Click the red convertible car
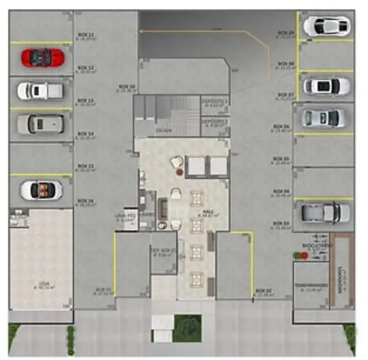point(43,56)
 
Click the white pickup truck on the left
point(40,90)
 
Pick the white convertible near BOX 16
point(42,190)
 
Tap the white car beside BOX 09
point(326,25)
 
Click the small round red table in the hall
point(179,173)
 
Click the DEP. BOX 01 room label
point(164,251)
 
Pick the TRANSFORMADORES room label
point(308,287)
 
